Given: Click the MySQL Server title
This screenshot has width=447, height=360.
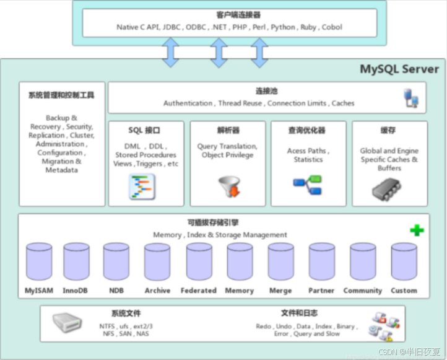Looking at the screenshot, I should click(399, 69).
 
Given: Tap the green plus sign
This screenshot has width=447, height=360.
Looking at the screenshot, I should click(417, 230).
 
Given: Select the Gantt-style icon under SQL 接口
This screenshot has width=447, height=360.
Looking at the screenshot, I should click(142, 187).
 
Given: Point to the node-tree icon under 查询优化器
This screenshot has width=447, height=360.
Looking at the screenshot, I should click(308, 185).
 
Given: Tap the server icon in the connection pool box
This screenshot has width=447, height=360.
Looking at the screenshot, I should click(410, 97).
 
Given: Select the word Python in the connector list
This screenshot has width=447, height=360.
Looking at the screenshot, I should click(284, 27).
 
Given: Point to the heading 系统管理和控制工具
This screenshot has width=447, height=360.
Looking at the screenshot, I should click(61, 95).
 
